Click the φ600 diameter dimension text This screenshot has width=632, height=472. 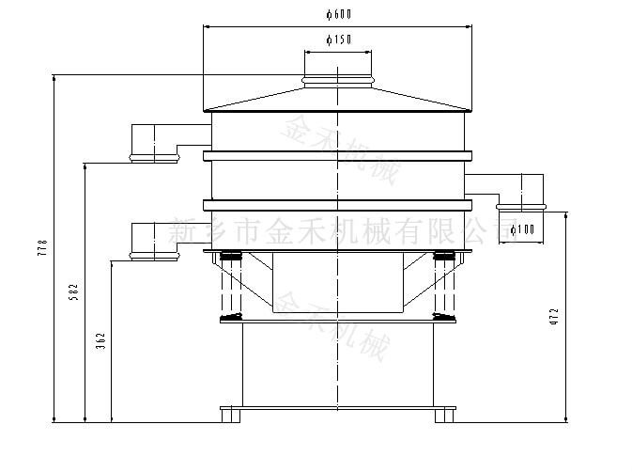click(x=338, y=13)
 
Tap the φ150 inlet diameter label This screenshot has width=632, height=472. click(x=338, y=39)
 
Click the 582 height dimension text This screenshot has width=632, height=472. click(x=74, y=292)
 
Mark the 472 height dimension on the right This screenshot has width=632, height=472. click(x=554, y=315)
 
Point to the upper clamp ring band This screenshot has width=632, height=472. click(x=338, y=154)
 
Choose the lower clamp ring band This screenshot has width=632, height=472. click(x=338, y=204)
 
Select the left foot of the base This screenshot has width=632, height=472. click(x=232, y=414)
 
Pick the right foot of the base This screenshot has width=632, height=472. click(x=444, y=414)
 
